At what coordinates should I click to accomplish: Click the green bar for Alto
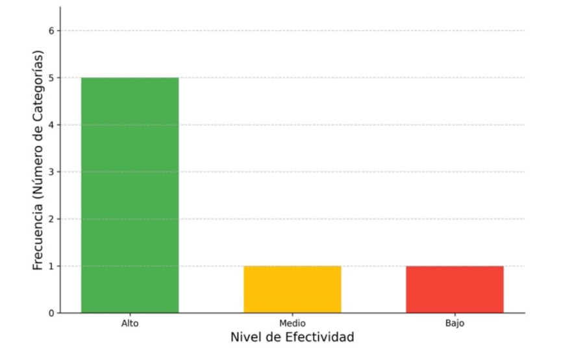click(x=130, y=195)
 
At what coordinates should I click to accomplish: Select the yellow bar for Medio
click(x=292, y=289)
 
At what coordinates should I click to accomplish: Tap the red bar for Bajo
click(x=455, y=289)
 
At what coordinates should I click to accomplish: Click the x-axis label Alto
click(x=130, y=323)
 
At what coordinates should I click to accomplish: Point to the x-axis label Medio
click(x=292, y=323)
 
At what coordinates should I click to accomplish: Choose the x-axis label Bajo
click(x=455, y=323)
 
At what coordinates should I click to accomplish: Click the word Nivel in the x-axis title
click(x=244, y=337)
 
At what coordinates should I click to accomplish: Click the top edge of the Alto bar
click(x=130, y=78)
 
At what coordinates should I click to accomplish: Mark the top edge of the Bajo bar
click(x=455, y=266)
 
